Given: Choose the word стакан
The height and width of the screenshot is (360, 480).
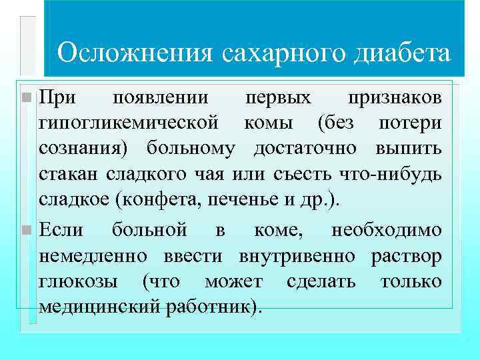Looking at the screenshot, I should (65, 173).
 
